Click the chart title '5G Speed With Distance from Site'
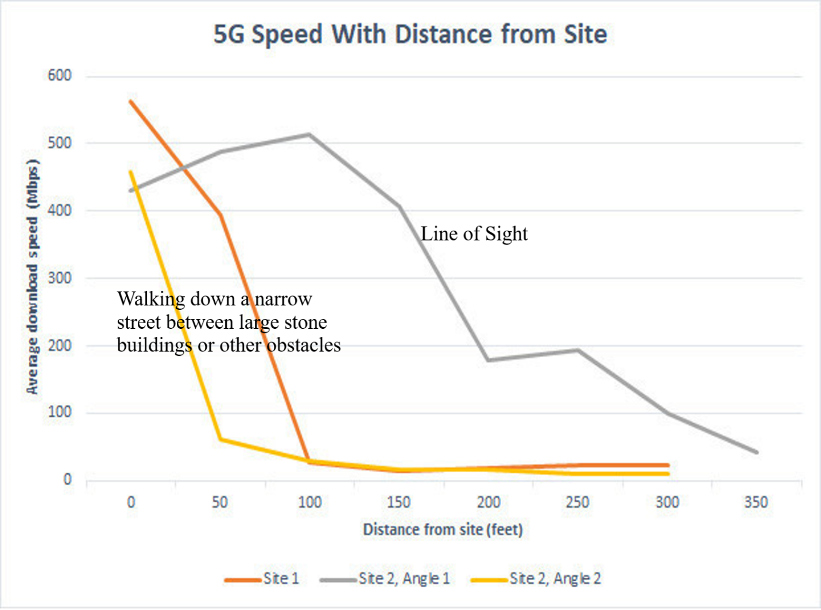[x=410, y=34]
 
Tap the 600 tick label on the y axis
[x=60, y=76]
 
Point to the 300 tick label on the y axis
[x=60, y=278]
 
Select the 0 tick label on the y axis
[x=67, y=480]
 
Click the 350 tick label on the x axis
[x=756, y=503]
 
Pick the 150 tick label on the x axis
[x=398, y=503]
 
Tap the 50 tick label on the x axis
[x=220, y=503]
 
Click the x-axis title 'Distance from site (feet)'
[x=443, y=529]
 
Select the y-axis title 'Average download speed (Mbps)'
[x=33, y=277]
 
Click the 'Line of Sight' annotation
[x=474, y=234]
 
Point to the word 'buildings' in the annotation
[x=154, y=345]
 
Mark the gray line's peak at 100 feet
[x=309, y=134]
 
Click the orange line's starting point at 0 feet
[x=131, y=102]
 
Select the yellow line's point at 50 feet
[x=220, y=440]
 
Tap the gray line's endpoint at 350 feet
[x=757, y=452]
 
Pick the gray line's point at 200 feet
[x=488, y=360]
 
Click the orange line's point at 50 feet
[x=220, y=215]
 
